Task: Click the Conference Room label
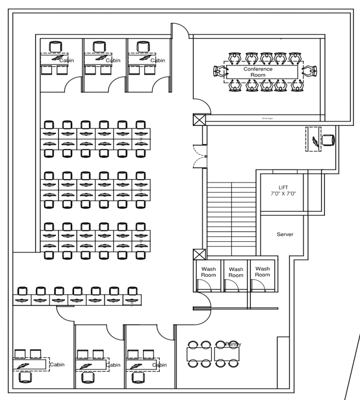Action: click(258, 72)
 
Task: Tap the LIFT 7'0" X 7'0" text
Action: click(283, 190)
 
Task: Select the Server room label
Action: click(285, 234)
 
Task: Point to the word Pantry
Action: click(233, 344)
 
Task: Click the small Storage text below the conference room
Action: click(267, 119)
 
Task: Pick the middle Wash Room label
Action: click(236, 272)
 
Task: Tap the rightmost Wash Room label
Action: click(262, 271)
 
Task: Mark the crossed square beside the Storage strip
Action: click(198, 120)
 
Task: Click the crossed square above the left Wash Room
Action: click(198, 254)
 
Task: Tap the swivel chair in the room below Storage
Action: click(327, 140)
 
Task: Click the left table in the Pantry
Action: click(199, 354)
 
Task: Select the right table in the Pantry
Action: click(227, 354)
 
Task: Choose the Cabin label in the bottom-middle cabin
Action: click(115, 364)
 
